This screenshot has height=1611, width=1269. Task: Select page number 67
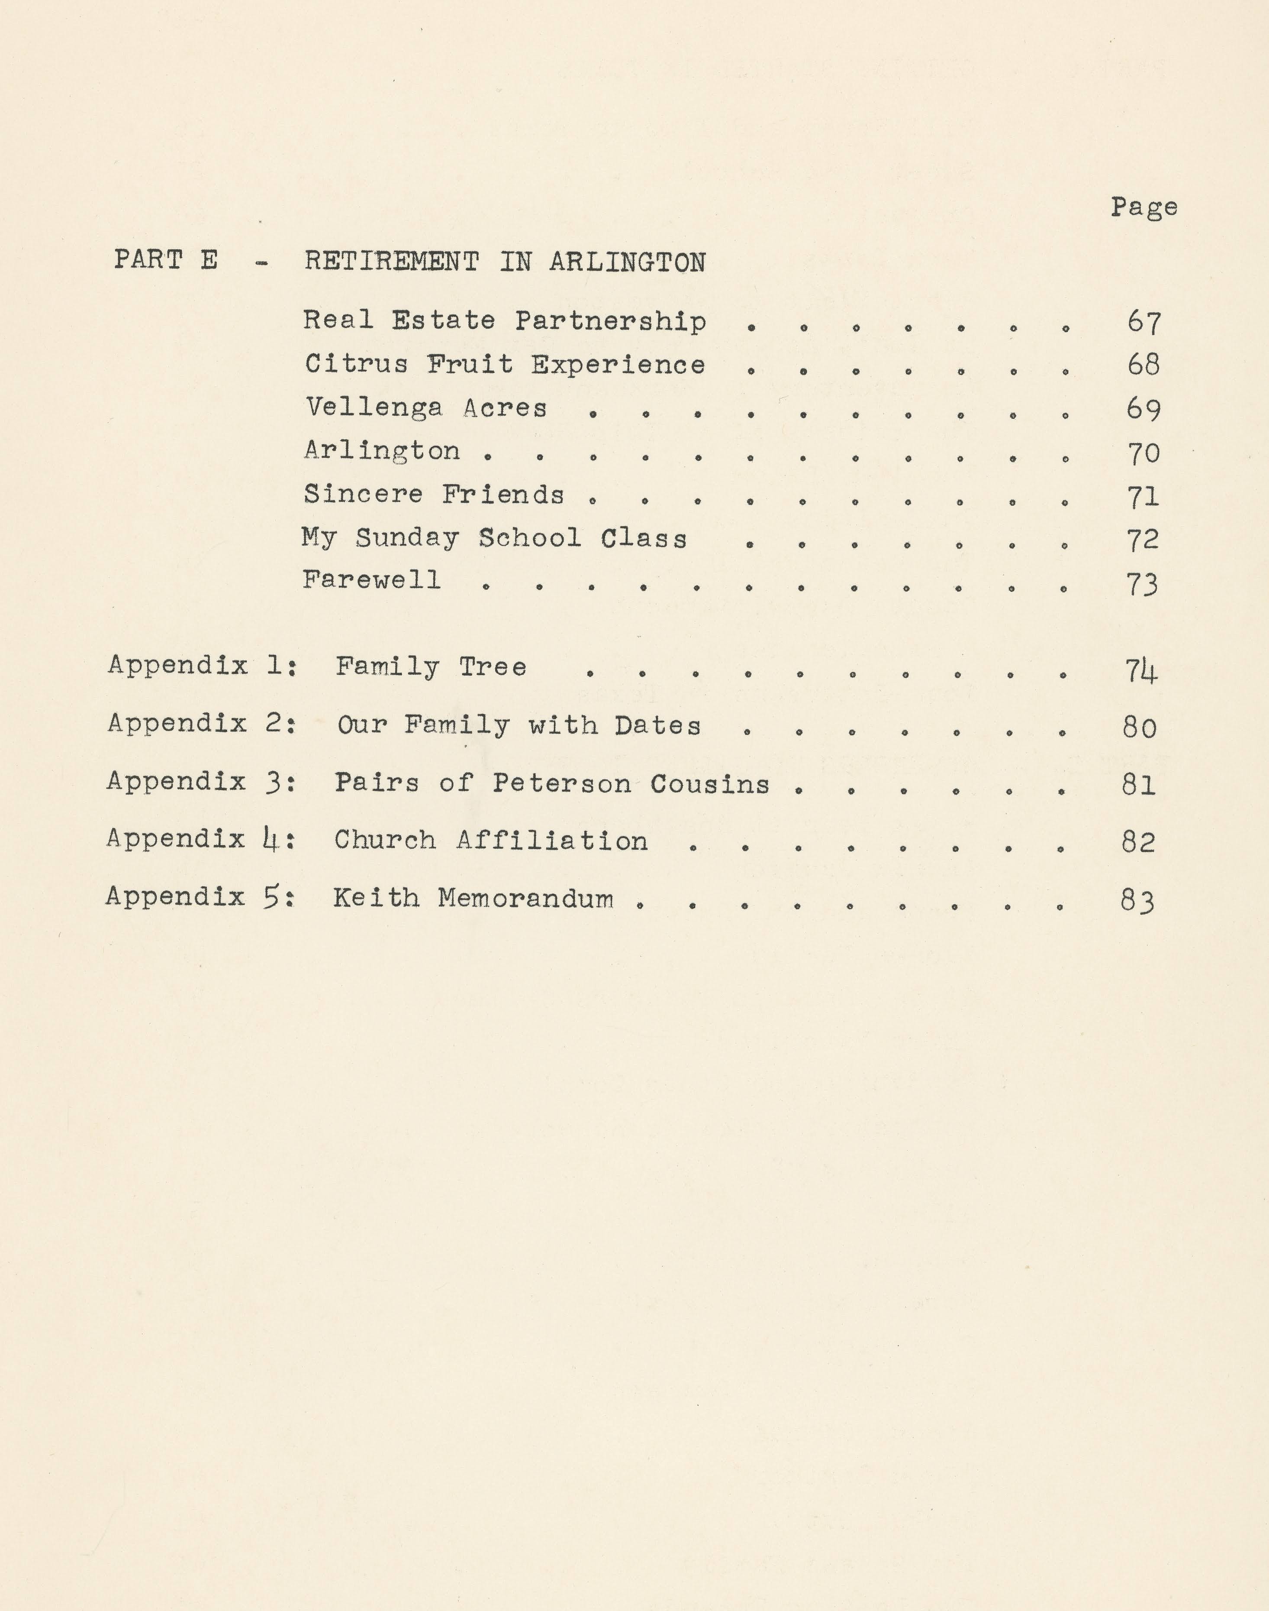(1143, 322)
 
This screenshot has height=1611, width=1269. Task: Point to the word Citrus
(357, 364)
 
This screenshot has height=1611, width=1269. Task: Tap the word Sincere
(363, 495)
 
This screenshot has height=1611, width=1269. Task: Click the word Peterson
(562, 783)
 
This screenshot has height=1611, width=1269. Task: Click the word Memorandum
(526, 898)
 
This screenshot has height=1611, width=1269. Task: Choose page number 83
(1137, 901)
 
